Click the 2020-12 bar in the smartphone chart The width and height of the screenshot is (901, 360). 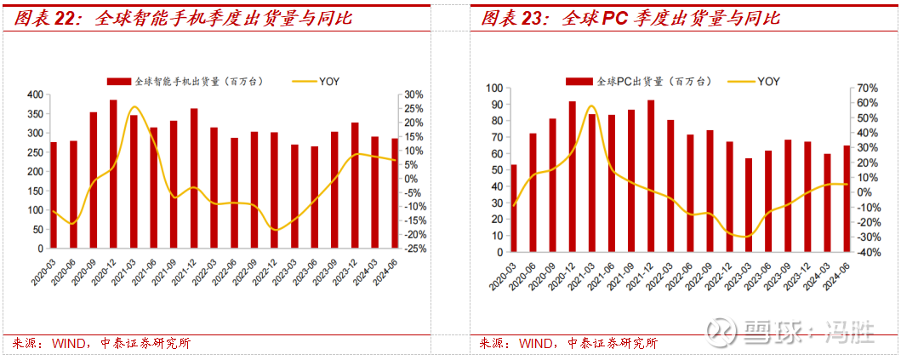coord(113,174)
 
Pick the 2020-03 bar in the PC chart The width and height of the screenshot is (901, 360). coord(513,209)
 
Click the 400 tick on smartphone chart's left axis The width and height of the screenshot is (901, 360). coord(36,94)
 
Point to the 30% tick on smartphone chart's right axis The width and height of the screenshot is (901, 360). coord(413,94)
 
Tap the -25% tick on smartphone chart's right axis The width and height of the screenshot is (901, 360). coord(415,249)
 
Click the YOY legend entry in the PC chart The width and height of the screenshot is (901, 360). coord(768,82)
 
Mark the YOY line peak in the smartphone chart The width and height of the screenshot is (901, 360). coord(134,107)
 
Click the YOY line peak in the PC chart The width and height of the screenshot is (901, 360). coord(590,106)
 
